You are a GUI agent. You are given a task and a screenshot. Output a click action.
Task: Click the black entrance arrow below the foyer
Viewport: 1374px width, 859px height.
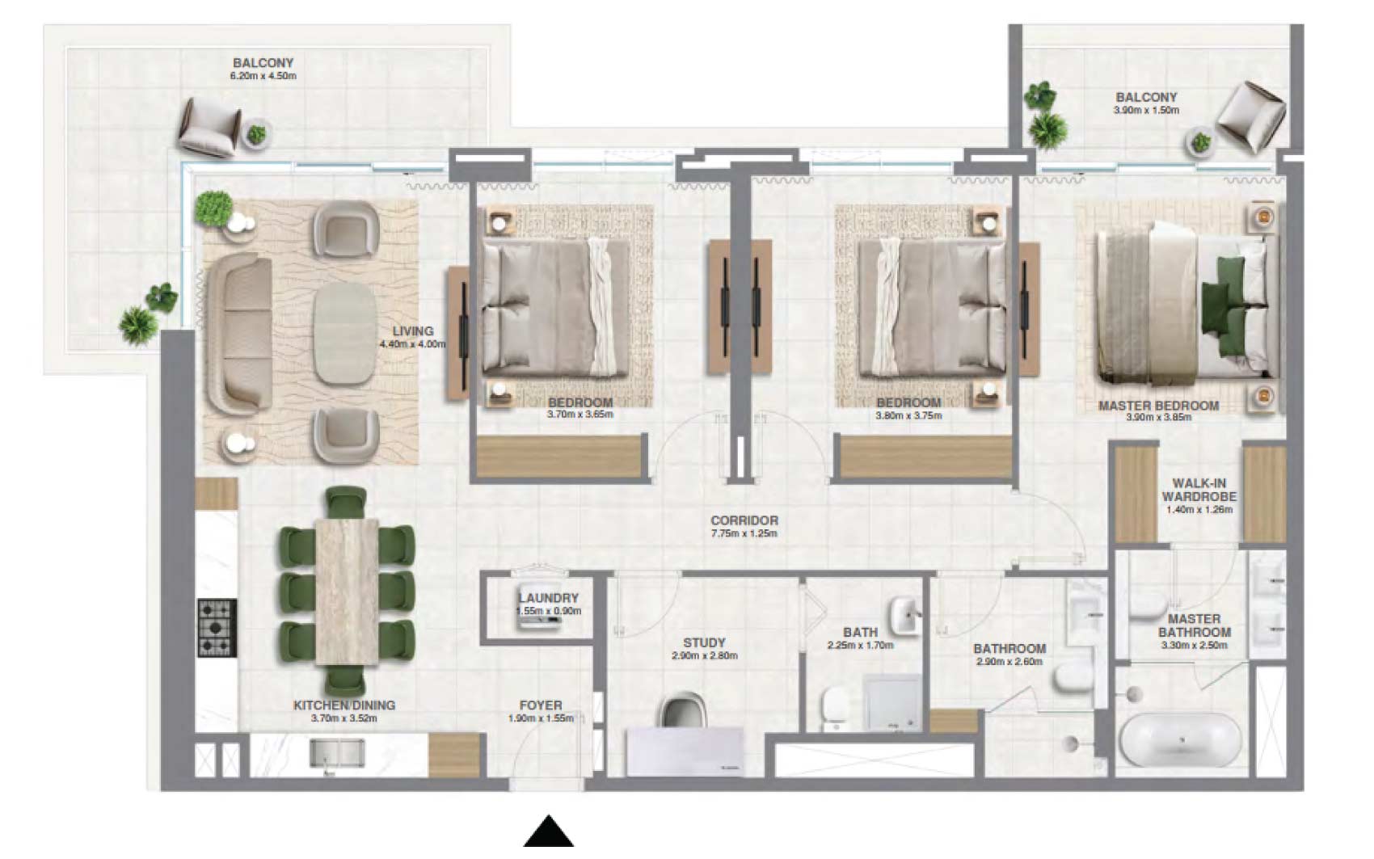[548, 832]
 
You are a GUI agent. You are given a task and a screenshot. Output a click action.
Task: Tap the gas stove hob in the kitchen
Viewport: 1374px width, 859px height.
[217, 629]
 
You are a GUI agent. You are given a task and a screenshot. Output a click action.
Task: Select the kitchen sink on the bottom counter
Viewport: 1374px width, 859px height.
[337, 752]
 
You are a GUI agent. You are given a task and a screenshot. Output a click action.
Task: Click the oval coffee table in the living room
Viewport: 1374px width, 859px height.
[345, 333]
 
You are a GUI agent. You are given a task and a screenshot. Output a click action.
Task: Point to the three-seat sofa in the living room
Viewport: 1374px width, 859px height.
[239, 335]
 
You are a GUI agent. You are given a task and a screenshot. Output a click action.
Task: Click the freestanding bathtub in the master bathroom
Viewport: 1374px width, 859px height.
[1181, 739]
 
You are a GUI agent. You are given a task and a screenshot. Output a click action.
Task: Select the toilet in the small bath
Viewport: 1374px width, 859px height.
[834, 709]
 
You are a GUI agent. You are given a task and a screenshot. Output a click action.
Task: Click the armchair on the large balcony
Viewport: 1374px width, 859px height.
[210, 127]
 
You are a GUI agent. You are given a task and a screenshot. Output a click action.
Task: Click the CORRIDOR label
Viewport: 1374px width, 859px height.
[744, 520]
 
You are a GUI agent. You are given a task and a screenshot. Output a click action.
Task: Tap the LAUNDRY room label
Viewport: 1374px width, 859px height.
[548, 598]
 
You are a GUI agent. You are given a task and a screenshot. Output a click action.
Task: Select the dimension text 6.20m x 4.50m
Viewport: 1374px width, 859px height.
[263, 76]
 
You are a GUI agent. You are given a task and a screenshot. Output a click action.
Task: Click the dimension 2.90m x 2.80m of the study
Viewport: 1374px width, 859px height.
[704, 655]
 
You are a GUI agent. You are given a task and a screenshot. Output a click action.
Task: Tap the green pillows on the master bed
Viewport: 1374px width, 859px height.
[1224, 306]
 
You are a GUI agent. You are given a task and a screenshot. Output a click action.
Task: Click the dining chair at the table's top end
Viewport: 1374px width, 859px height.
[346, 502]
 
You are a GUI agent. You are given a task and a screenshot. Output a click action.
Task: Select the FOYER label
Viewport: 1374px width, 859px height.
[541, 705]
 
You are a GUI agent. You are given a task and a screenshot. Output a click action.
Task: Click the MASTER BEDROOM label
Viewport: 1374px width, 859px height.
[1158, 406]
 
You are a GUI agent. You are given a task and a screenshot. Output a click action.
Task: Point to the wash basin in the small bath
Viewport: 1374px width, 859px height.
[905, 616]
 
